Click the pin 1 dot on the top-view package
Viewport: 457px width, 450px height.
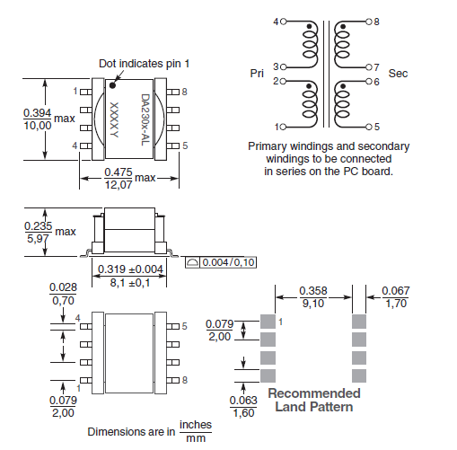click(114, 84)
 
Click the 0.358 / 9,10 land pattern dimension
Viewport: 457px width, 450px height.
click(312, 297)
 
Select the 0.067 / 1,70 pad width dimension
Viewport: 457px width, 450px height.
click(396, 297)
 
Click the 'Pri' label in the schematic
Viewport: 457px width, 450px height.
click(257, 74)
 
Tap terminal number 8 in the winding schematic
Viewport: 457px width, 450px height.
click(376, 20)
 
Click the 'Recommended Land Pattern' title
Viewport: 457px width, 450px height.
click(313, 400)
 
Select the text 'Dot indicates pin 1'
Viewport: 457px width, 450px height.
click(145, 63)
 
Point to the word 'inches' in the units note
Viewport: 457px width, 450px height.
click(196, 424)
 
